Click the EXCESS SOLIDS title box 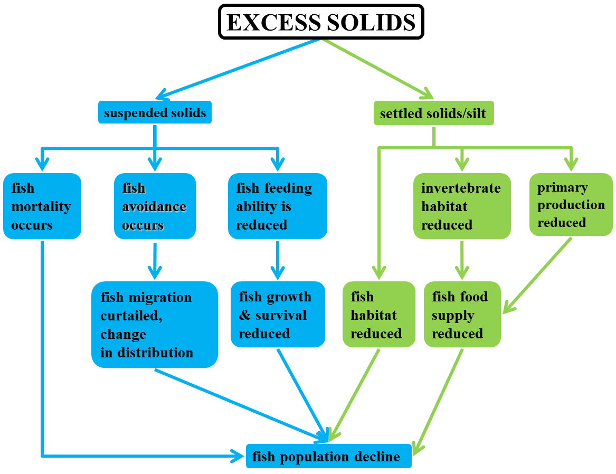[x=321, y=22]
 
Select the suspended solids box [x=155, y=112]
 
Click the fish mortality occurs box [x=41, y=206]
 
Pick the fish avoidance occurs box [x=154, y=206]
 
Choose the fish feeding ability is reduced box [x=277, y=206]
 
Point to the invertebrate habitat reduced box [x=461, y=206]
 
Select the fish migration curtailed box [x=153, y=325]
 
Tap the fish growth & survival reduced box [x=277, y=315]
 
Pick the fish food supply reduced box [x=461, y=315]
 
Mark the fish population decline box [x=328, y=457]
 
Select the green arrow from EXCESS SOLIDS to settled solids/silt [x=377, y=69]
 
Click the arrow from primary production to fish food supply [x=538, y=274]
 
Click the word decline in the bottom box [x=377, y=457]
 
